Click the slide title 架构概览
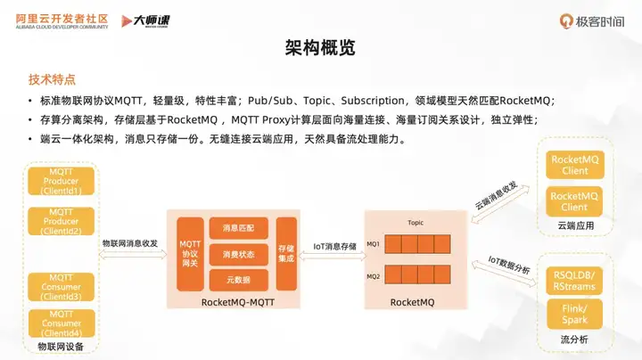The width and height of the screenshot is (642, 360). (321, 47)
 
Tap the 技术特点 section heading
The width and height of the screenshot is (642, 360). (53, 79)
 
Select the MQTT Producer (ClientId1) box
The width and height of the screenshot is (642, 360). (62, 180)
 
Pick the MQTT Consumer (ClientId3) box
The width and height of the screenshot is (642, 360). (62, 284)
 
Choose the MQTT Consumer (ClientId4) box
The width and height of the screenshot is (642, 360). (62, 323)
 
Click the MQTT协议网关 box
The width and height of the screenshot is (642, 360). (189, 253)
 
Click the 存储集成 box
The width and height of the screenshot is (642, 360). (286, 253)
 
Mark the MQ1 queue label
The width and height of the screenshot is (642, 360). (373, 243)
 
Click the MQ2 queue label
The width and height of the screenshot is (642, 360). (373, 276)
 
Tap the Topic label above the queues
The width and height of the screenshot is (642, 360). (415, 222)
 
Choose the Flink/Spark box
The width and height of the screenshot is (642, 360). (574, 315)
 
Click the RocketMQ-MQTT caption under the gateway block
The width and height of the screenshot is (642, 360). (237, 303)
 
